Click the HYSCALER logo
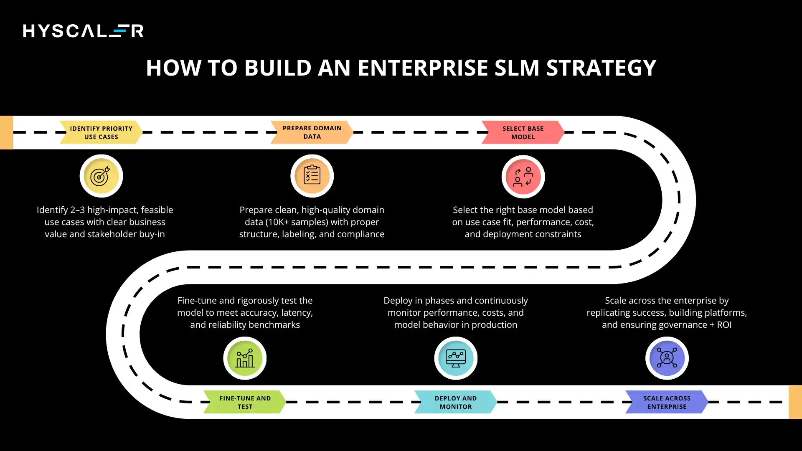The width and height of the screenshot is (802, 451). click(83, 31)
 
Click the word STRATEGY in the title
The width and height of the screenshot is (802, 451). click(601, 68)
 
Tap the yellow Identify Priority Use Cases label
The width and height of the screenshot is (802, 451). click(101, 132)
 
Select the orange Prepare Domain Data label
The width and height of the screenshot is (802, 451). click(312, 132)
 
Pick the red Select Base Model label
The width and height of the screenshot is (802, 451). click(523, 132)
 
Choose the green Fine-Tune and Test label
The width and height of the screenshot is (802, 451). click(245, 402)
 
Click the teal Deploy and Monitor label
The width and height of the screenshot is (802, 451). click(455, 402)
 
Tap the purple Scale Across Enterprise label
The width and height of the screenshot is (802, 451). click(667, 402)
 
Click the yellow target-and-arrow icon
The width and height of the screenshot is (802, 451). click(101, 176)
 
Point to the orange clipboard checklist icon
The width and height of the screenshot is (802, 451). click(312, 176)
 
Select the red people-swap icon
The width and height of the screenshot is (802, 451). click(523, 177)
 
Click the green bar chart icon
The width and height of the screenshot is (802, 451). click(245, 358)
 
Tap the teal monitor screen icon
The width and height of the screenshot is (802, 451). click(455, 358)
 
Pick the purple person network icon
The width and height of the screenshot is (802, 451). click(667, 358)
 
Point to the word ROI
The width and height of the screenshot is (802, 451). click(724, 325)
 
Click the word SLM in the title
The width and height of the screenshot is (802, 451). click(517, 68)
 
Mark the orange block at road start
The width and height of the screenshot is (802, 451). click(6, 132)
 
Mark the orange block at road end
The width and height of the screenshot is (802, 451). click(795, 402)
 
